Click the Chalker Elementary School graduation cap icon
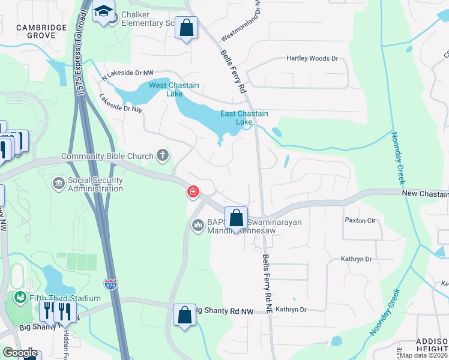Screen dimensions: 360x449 pyautogui.click(x=104, y=11)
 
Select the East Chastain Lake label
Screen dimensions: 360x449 pyautogui.click(x=244, y=118)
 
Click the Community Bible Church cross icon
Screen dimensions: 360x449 pyautogui.click(x=162, y=156)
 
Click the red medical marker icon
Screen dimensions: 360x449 pyautogui.click(x=193, y=192)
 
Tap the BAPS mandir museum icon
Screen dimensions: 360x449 pyautogui.click(x=197, y=226)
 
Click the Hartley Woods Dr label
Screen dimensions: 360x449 pyautogui.click(x=312, y=59)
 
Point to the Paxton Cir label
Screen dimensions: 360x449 pyautogui.click(x=360, y=220)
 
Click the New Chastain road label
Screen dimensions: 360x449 pyautogui.click(x=424, y=194)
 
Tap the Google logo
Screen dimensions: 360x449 pyautogui.click(x=20, y=353)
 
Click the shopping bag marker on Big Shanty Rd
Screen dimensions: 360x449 pyautogui.click(x=185, y=315)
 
